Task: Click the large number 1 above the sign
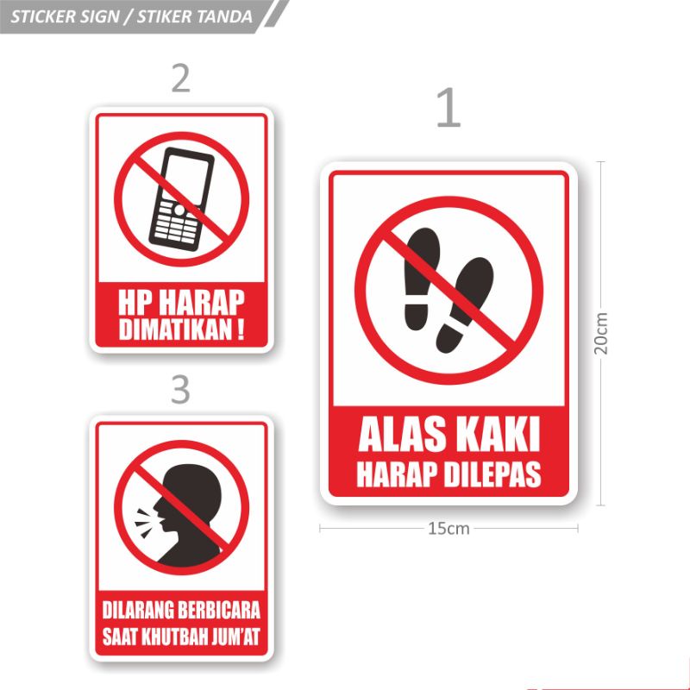coord(448,110)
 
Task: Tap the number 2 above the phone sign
coord(180,78)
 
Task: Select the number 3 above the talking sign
coord(180,390)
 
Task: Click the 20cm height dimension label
coord(601,332)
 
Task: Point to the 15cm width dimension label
coord(448,529)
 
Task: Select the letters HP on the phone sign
coord(135,302)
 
